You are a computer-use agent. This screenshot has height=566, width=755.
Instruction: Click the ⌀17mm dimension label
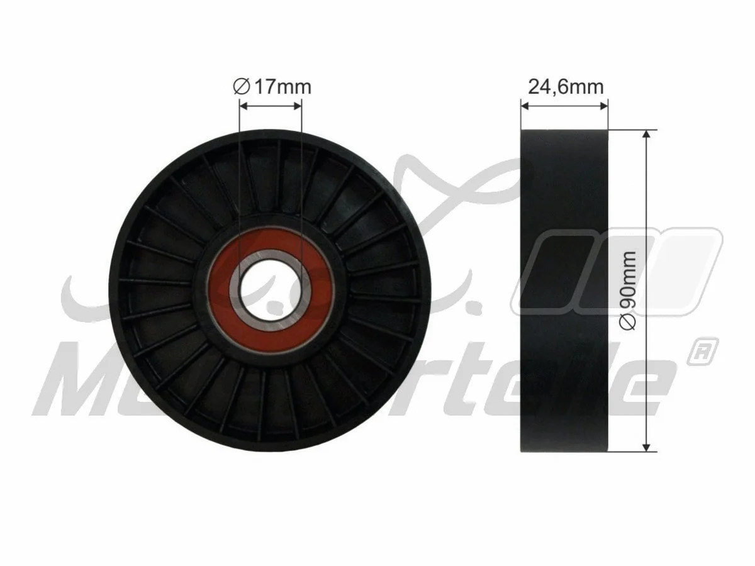[x=271, y=86]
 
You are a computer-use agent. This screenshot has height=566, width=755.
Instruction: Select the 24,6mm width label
[x=565, y=86]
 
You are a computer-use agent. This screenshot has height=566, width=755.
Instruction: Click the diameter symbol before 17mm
[x=242, y=86]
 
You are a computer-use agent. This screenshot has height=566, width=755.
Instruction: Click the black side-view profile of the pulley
[x=564, y=291]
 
